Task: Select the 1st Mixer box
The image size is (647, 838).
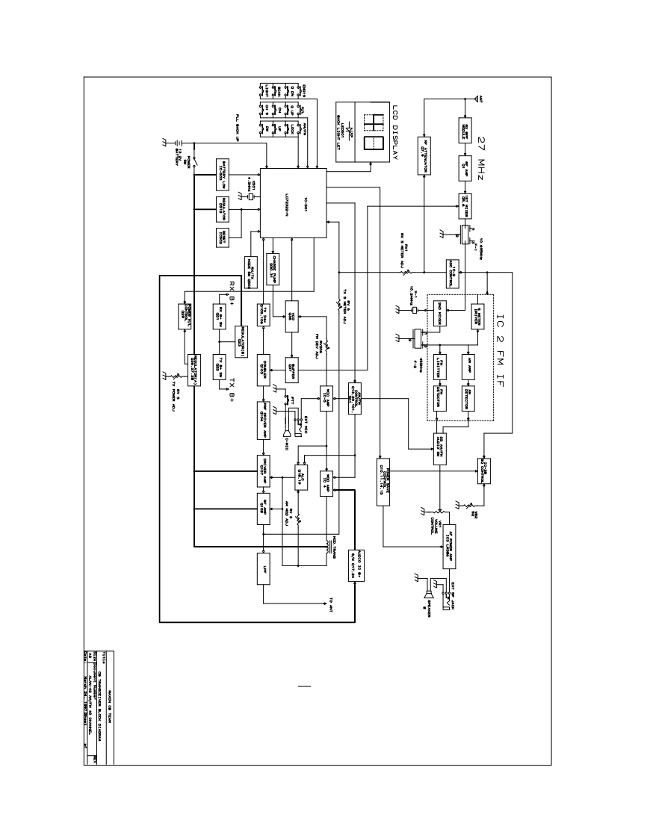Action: click(x=464, y=202)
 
